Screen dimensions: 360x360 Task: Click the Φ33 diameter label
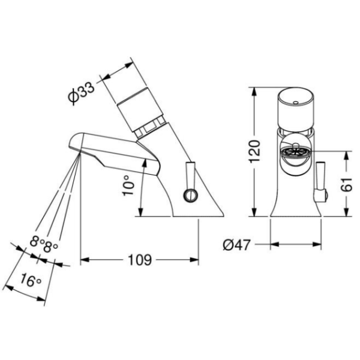pos(81,94)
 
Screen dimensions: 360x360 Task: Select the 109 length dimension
pos(140,260)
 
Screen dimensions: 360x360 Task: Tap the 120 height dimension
pos(255,151)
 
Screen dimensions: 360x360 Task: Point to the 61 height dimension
pos(346,184)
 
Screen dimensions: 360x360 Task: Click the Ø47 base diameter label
pos(236,245)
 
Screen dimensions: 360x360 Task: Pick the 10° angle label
pos(128,185)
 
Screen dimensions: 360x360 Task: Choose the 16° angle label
pos(31,280)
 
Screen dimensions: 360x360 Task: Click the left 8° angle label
pos(37,242)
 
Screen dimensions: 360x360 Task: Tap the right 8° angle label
pos(50,247)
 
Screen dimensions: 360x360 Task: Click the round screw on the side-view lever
pos(191,195)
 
